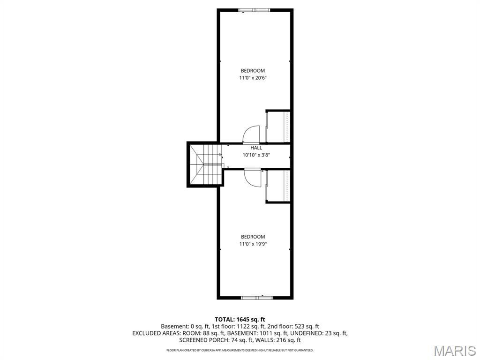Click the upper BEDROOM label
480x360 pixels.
coord(253,71)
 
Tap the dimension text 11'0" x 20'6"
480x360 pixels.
coord(253,78)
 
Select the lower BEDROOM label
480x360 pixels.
coord(253,237)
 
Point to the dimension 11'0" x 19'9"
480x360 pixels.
coord(253,244)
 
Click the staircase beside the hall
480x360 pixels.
coord(205,165)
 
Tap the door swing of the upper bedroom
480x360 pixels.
coord(252,135)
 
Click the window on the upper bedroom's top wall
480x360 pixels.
coord(254,10)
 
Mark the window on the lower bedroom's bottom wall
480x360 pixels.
coord(256,297)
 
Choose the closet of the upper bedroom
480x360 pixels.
coord(278,127)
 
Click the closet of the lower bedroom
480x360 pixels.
coord(278,186)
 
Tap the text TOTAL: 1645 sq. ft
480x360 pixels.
coord(240,319)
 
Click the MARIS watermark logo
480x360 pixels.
coord(455,351)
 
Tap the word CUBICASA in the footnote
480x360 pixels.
coord(202,350)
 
